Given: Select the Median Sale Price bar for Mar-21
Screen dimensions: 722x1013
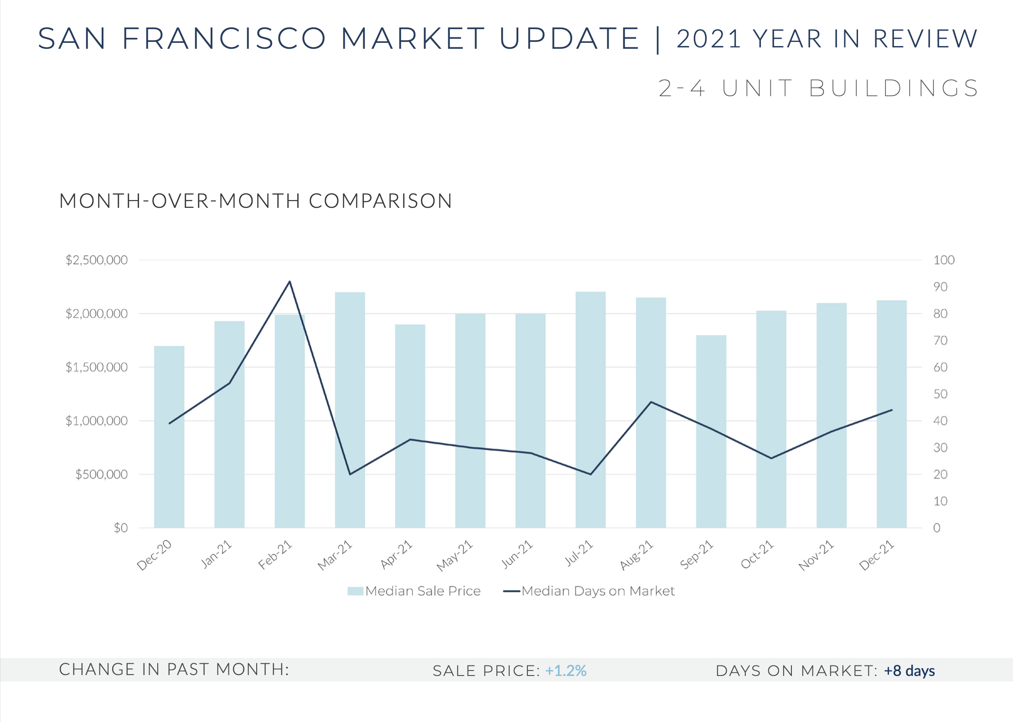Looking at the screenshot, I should (x=350, y=410).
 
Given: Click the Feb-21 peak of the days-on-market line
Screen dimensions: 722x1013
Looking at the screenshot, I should (x=289, y=282).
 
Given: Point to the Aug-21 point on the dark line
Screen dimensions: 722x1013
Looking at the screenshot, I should (x=651, y=402).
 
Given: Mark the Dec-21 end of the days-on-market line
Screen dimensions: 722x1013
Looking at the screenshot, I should (x=891, y=410).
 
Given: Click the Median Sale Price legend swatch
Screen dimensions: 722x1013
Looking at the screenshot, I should (x=355, y=591).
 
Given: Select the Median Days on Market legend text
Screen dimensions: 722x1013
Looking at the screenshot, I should (x=598, y=591).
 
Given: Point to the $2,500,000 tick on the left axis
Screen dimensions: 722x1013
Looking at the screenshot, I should (x=97, y=260).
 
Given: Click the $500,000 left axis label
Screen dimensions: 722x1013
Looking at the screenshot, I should (x=101, y=474).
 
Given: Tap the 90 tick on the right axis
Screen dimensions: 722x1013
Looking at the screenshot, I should (x=940, y=287).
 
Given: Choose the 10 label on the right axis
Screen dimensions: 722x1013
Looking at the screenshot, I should (x=940, y=501).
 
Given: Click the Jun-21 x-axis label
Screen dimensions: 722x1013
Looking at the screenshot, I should (x=517, y=554).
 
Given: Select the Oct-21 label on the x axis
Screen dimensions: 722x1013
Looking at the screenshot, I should (x=757, y=554).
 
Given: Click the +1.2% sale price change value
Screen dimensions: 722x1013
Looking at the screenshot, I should (x=566, y=671).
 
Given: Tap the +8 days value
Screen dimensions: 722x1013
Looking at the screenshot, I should (x=909, y=671).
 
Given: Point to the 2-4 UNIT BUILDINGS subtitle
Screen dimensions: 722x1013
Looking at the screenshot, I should (x=818, y=88).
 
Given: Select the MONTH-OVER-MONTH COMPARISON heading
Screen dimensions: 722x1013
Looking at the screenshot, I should (x=256, y=201).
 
